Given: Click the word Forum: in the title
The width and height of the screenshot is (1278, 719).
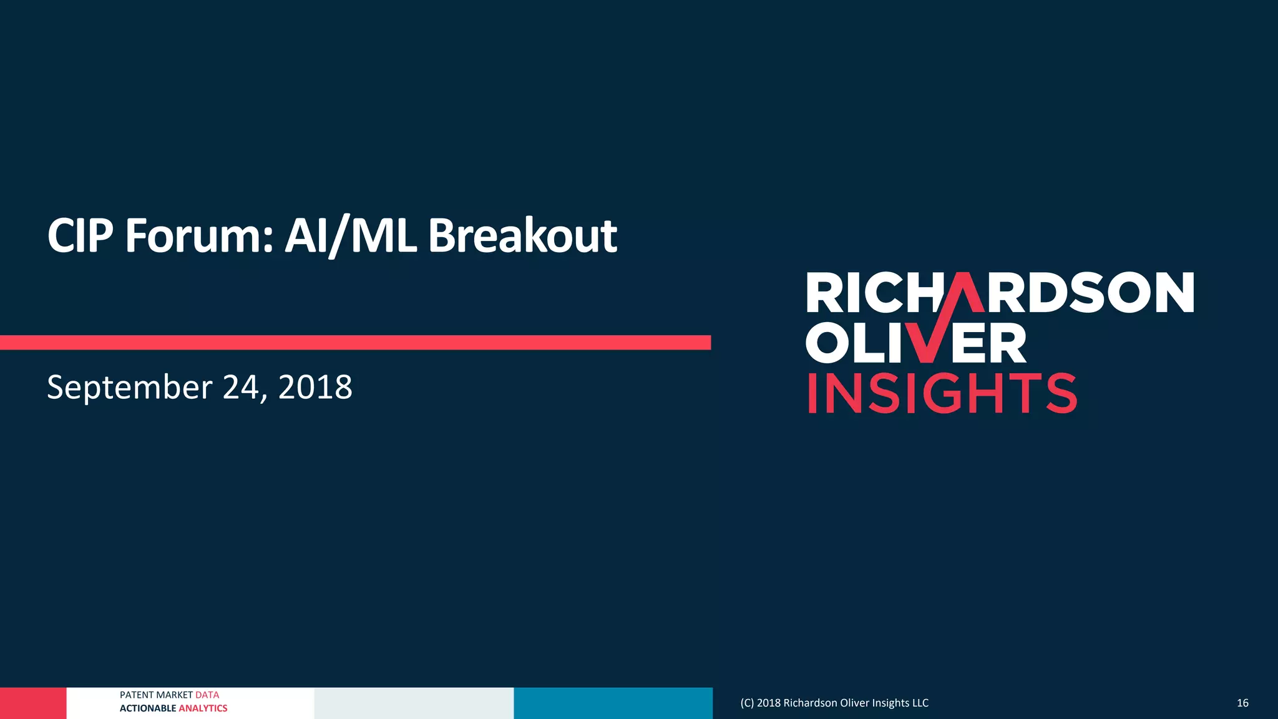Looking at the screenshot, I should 198,236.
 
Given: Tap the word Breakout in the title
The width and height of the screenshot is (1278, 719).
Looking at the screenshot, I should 522,236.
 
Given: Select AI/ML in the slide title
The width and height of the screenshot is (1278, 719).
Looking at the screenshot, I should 350,236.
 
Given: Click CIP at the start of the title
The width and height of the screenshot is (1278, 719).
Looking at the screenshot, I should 80,236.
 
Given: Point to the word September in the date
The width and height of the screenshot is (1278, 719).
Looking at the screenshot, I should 130,388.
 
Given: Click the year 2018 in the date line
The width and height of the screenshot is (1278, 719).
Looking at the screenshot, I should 315,388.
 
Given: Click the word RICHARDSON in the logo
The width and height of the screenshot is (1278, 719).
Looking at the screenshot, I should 1000,293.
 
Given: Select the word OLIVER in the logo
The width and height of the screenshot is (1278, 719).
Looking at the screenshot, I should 915,343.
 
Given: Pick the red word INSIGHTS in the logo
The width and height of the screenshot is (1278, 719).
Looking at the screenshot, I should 942,394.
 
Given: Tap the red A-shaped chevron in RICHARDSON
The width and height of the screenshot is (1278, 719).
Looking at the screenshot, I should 964,292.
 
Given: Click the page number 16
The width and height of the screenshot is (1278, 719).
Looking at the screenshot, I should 1242,703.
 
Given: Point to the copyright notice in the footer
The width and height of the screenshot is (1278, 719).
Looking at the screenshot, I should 834,703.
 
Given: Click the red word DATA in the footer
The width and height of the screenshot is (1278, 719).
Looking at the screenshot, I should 207,695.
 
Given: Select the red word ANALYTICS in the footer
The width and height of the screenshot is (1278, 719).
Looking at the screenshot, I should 203,708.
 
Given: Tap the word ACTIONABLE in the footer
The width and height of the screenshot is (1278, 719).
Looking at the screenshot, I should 148,708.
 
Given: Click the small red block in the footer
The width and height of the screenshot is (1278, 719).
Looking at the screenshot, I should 32,703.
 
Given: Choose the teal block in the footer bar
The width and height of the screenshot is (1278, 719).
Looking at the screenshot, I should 613,703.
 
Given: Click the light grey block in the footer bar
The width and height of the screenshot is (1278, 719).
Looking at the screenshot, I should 414,703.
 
